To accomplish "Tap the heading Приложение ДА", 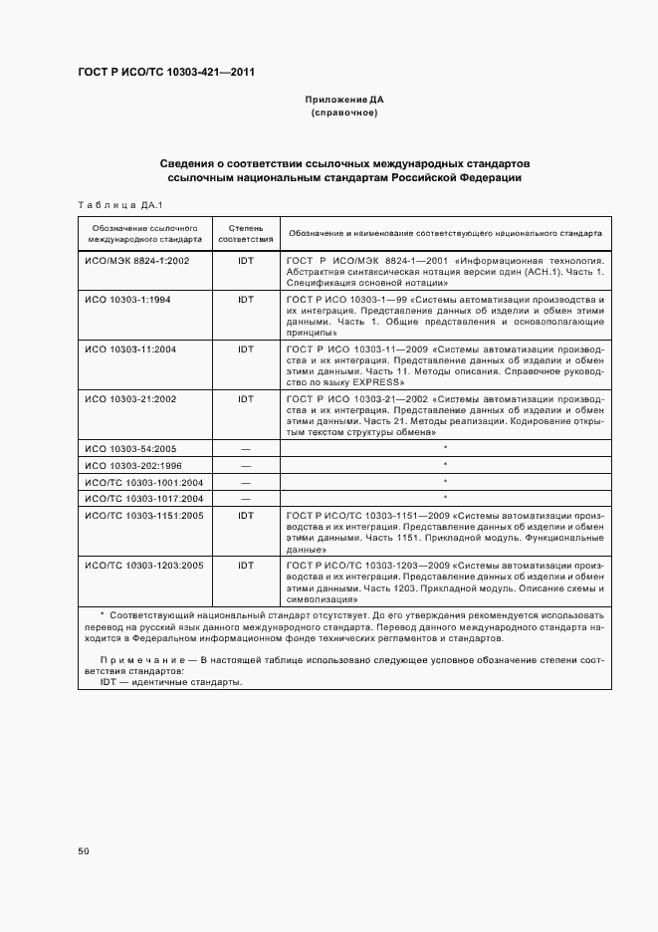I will [x=343, y=100].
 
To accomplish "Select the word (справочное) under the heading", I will [x=343, y=114].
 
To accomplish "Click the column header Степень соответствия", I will [x=245, y=233].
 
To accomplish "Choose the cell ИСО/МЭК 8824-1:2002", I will [x=136, y=259].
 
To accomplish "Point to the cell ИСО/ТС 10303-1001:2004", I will [x=143, y=481].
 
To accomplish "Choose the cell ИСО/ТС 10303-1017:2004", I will [x=143, y=497].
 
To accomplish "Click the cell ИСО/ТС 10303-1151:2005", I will [x=143, y=515].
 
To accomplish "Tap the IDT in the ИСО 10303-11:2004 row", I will [x=245, y=349].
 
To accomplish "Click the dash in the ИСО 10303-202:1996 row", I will [x=245, y=465].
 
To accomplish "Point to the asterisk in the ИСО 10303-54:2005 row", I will [x=445, y=448].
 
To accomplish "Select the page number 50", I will [x=84, y=851].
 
